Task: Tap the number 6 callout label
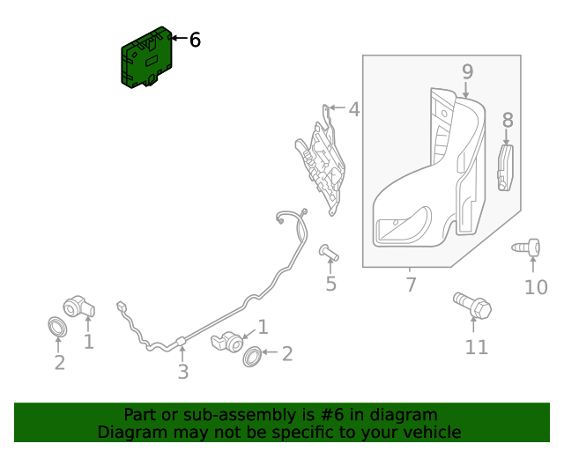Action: coord(195,40)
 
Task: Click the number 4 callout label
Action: coord(353,110)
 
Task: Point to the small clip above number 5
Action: coord(328,254)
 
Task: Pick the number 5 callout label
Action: coord(330,284)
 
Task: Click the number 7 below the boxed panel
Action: coord(411,285)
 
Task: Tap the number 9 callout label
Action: coord(467,70)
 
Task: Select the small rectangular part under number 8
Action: coord(506,167)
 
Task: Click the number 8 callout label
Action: coord(507,120)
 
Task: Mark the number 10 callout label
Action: coord(535,287)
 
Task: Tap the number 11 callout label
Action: coord(476,347)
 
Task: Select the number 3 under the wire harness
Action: coord(182,372)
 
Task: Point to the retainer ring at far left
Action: coord(57,329)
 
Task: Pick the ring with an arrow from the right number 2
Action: coord(251,356)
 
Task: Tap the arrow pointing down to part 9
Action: coord(466,88)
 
